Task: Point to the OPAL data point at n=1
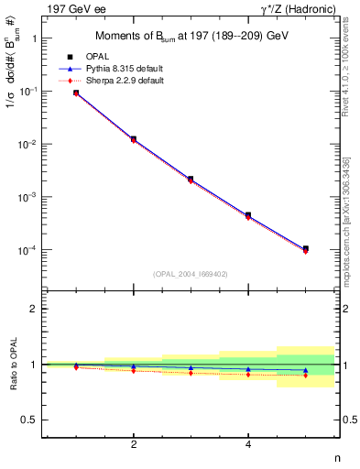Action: [76, 93]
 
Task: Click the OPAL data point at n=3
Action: [191, 179]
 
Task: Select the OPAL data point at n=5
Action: [305, 248]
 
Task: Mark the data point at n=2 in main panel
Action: [134, 139]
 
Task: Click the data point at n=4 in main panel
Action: [248, 215]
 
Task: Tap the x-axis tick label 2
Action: [134, 444]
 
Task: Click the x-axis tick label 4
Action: [248, 444]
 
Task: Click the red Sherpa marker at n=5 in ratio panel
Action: [305, 376]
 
